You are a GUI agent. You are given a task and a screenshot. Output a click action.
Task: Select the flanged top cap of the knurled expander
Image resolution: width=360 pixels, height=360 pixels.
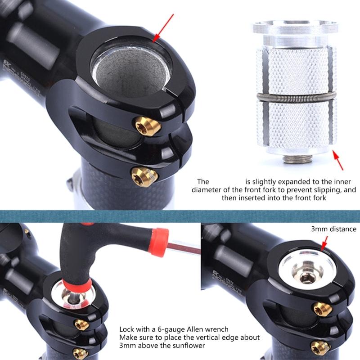294,29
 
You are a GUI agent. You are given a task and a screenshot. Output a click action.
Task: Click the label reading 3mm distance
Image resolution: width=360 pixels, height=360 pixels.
333,229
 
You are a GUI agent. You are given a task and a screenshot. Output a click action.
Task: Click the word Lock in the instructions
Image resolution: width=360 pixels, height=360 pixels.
127,329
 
